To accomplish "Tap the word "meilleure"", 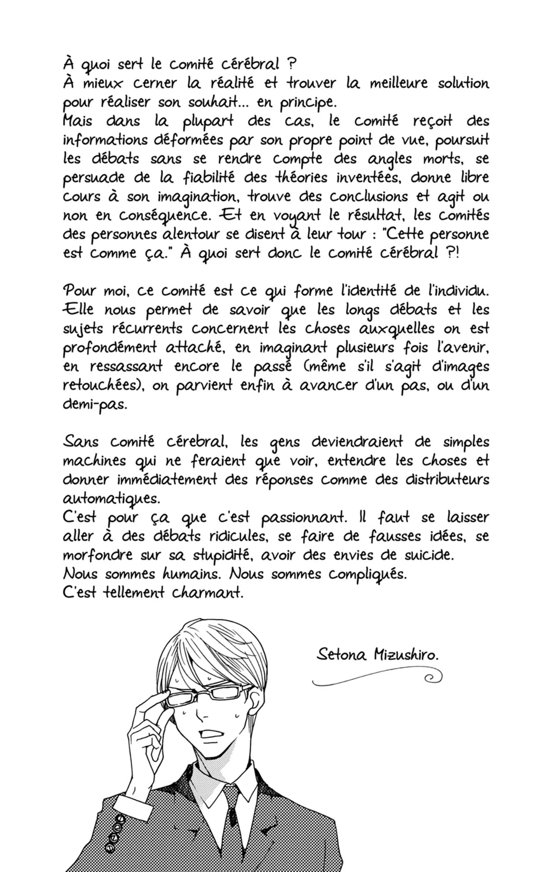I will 398,83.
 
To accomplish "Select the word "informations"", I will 105,140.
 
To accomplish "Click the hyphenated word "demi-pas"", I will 95,404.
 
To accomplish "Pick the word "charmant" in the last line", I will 207,593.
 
